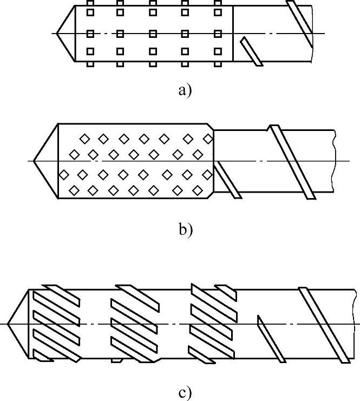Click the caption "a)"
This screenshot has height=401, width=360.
coord(184,90)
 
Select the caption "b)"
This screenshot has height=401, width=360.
coord(185,229)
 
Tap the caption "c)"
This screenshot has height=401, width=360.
coord(185,392)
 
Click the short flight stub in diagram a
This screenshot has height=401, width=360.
coord(252,51)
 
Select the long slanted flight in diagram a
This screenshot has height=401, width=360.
coord(300,23)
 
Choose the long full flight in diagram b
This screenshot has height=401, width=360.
coord(292,162)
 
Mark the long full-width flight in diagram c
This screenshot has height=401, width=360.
coord(325,325)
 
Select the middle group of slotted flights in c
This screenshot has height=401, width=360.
coord(134,323)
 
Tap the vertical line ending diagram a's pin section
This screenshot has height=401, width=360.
coord(233,34)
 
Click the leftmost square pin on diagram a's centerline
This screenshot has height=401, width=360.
coord(90,34)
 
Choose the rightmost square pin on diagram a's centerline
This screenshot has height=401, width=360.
coord(218,34)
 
